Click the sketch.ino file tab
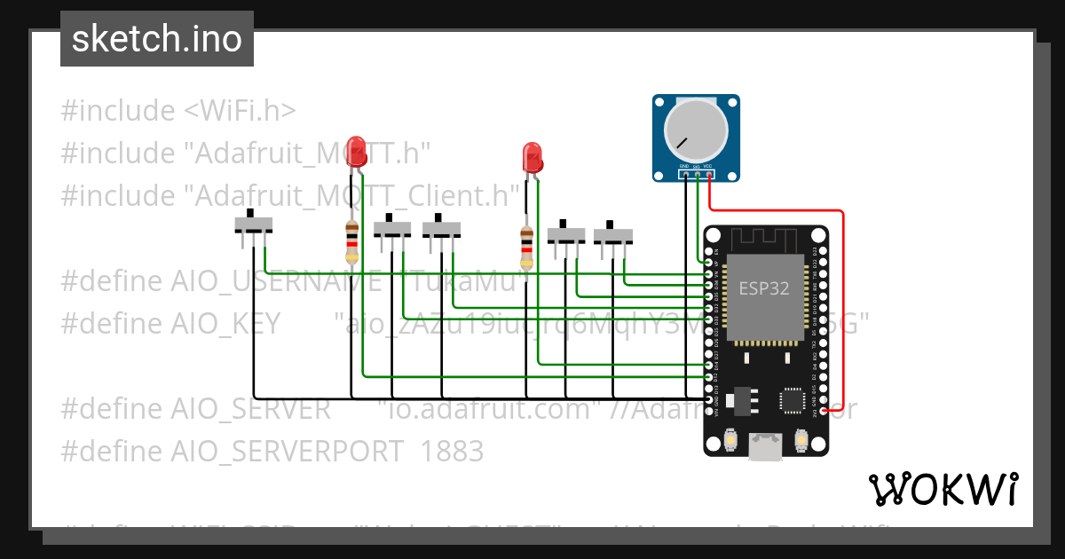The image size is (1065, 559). tap(157, 39)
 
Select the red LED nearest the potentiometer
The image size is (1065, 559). tap(532, 156)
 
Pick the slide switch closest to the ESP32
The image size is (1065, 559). tap(612, 234)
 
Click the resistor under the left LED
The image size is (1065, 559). tap(351, 243)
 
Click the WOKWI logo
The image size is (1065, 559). tap(943, 489)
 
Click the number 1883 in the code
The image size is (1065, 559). tap(453, 452)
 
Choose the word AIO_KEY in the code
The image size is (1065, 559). tap(225, 324)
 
